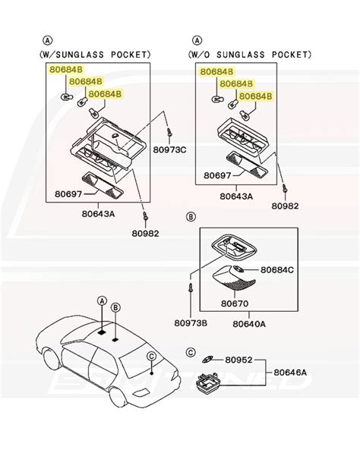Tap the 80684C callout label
[277, 269]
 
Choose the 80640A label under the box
[249, 323]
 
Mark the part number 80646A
[291, 373]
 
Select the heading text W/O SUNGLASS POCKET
[248, 54]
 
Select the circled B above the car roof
[116, 307]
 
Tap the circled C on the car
[151, 356]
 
